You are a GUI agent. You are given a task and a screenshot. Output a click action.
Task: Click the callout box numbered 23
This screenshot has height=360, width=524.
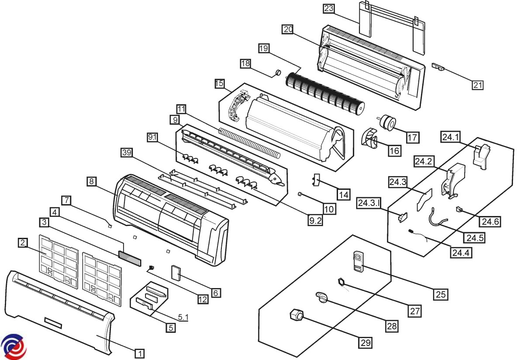pyautogui.click(x=328, y=8)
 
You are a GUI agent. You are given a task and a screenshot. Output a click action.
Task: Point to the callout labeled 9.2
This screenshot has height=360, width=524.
pyautogui.click(x=315, y=221)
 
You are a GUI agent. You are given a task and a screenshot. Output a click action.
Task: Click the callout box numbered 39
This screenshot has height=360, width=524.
pyautogui.click(x=127, y=152)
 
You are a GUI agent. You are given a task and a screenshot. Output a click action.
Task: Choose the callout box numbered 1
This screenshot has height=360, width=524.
pyautogui.click(x=139, y=353)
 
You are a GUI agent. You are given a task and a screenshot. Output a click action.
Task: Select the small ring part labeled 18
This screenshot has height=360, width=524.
pyautogui.click(x=277, y=72)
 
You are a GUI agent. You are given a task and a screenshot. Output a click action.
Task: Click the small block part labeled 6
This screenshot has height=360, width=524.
pyautogui.click(x=177, y=272)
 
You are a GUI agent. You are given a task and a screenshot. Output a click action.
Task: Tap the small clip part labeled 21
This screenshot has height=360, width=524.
pyautogui.click(x=438, y=67)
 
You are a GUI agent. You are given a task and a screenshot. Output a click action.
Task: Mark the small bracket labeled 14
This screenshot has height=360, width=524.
pyautogui.click(x=316, y=179)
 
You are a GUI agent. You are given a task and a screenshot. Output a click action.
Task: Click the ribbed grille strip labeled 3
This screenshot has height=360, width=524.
pyautogui.click(x=129, y=258)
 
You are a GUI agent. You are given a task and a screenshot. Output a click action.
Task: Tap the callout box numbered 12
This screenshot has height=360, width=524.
pyautogui.click(x=203, y=299)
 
